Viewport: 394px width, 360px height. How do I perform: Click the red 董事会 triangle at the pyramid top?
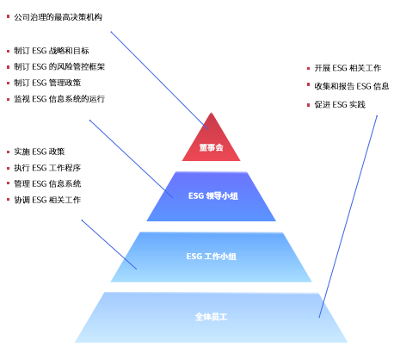212,140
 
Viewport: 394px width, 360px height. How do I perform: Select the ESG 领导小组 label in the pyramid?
213,196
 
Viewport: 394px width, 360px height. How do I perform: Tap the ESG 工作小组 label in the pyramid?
212,256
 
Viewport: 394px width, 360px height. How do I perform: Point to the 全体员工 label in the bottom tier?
211,317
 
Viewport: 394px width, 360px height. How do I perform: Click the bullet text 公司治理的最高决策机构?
58,17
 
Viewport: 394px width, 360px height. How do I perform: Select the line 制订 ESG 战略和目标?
52,51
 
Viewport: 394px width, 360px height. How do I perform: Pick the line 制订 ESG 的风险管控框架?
59,67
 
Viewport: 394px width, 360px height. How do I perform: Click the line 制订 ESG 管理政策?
47,83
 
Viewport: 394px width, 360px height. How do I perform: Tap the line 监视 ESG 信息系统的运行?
59,99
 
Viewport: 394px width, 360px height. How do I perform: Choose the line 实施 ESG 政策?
40,152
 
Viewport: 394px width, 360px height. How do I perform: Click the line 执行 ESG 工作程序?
47,168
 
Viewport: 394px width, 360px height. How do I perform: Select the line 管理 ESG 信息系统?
47,183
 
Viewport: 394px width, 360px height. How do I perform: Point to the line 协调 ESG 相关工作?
47,200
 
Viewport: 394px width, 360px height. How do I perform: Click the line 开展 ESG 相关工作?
348,68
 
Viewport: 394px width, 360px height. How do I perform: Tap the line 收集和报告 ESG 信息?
352,86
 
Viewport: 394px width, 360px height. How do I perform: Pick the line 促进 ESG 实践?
340,104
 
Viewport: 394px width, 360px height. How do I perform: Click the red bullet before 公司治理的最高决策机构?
8,17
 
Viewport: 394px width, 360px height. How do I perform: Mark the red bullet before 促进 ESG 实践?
308,105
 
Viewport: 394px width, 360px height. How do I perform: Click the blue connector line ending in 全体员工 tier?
348,216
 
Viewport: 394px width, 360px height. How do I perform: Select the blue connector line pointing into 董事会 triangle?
159,80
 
